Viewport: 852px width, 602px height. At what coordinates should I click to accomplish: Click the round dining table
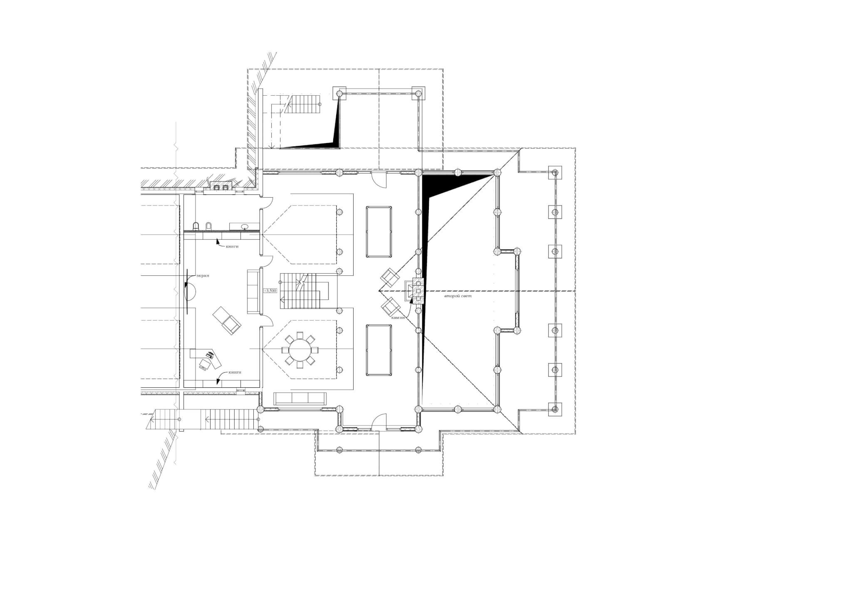click(x=300, y=350)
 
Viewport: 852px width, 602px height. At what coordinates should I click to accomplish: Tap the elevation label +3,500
click(x=270, y=291)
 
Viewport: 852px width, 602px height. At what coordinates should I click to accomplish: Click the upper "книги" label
click(x=233, y=246)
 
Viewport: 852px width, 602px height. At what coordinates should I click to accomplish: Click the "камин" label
click(x=398, y=318)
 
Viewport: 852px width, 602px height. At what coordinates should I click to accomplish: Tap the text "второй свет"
click(x=457, y=297)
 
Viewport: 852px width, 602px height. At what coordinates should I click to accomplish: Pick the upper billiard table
click(x=379, y=232)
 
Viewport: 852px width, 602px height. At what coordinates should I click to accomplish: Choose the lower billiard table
click(x=379, y=350)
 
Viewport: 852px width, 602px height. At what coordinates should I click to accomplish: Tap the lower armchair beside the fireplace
click(x=390, y=307)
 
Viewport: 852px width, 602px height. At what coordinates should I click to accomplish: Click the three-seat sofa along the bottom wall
click(x=300, y=399)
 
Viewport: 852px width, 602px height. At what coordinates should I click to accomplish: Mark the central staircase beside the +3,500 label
click(x=304, y=291)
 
